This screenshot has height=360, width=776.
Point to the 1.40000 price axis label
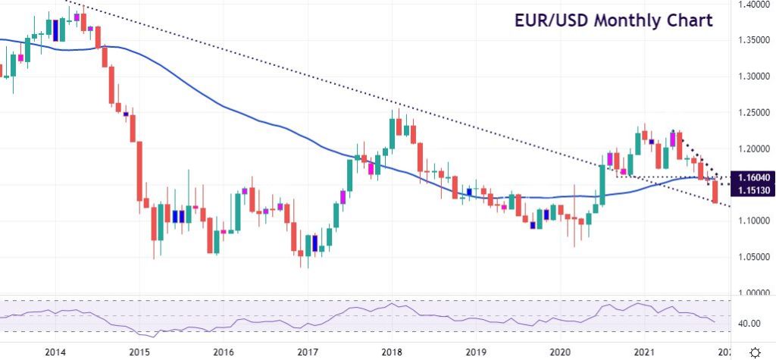point(755,5)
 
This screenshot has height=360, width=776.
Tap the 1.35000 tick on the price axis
point(755,40)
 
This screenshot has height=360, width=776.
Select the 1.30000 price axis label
point(755,77)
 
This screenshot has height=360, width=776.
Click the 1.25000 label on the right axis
point(755,113)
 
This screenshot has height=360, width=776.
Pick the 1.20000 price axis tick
point(755,149)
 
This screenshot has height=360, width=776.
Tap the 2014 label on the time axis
point(55,352)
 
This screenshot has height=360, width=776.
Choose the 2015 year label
point(139,352)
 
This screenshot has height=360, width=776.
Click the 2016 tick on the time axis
point(223,352)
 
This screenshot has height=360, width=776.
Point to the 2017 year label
point(307,352)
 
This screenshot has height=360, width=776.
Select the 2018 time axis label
point(392,352)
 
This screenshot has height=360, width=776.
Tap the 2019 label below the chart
point(476,352)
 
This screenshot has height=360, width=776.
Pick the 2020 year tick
point(560,352)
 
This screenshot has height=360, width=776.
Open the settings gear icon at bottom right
point(755,352)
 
